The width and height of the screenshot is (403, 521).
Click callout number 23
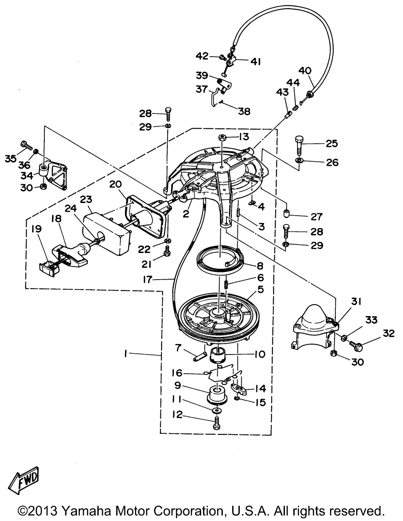(86, 200)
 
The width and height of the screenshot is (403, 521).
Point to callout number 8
(258, 266)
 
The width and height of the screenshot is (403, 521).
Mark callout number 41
(256, 61)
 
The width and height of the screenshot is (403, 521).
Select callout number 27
(317, 217)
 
